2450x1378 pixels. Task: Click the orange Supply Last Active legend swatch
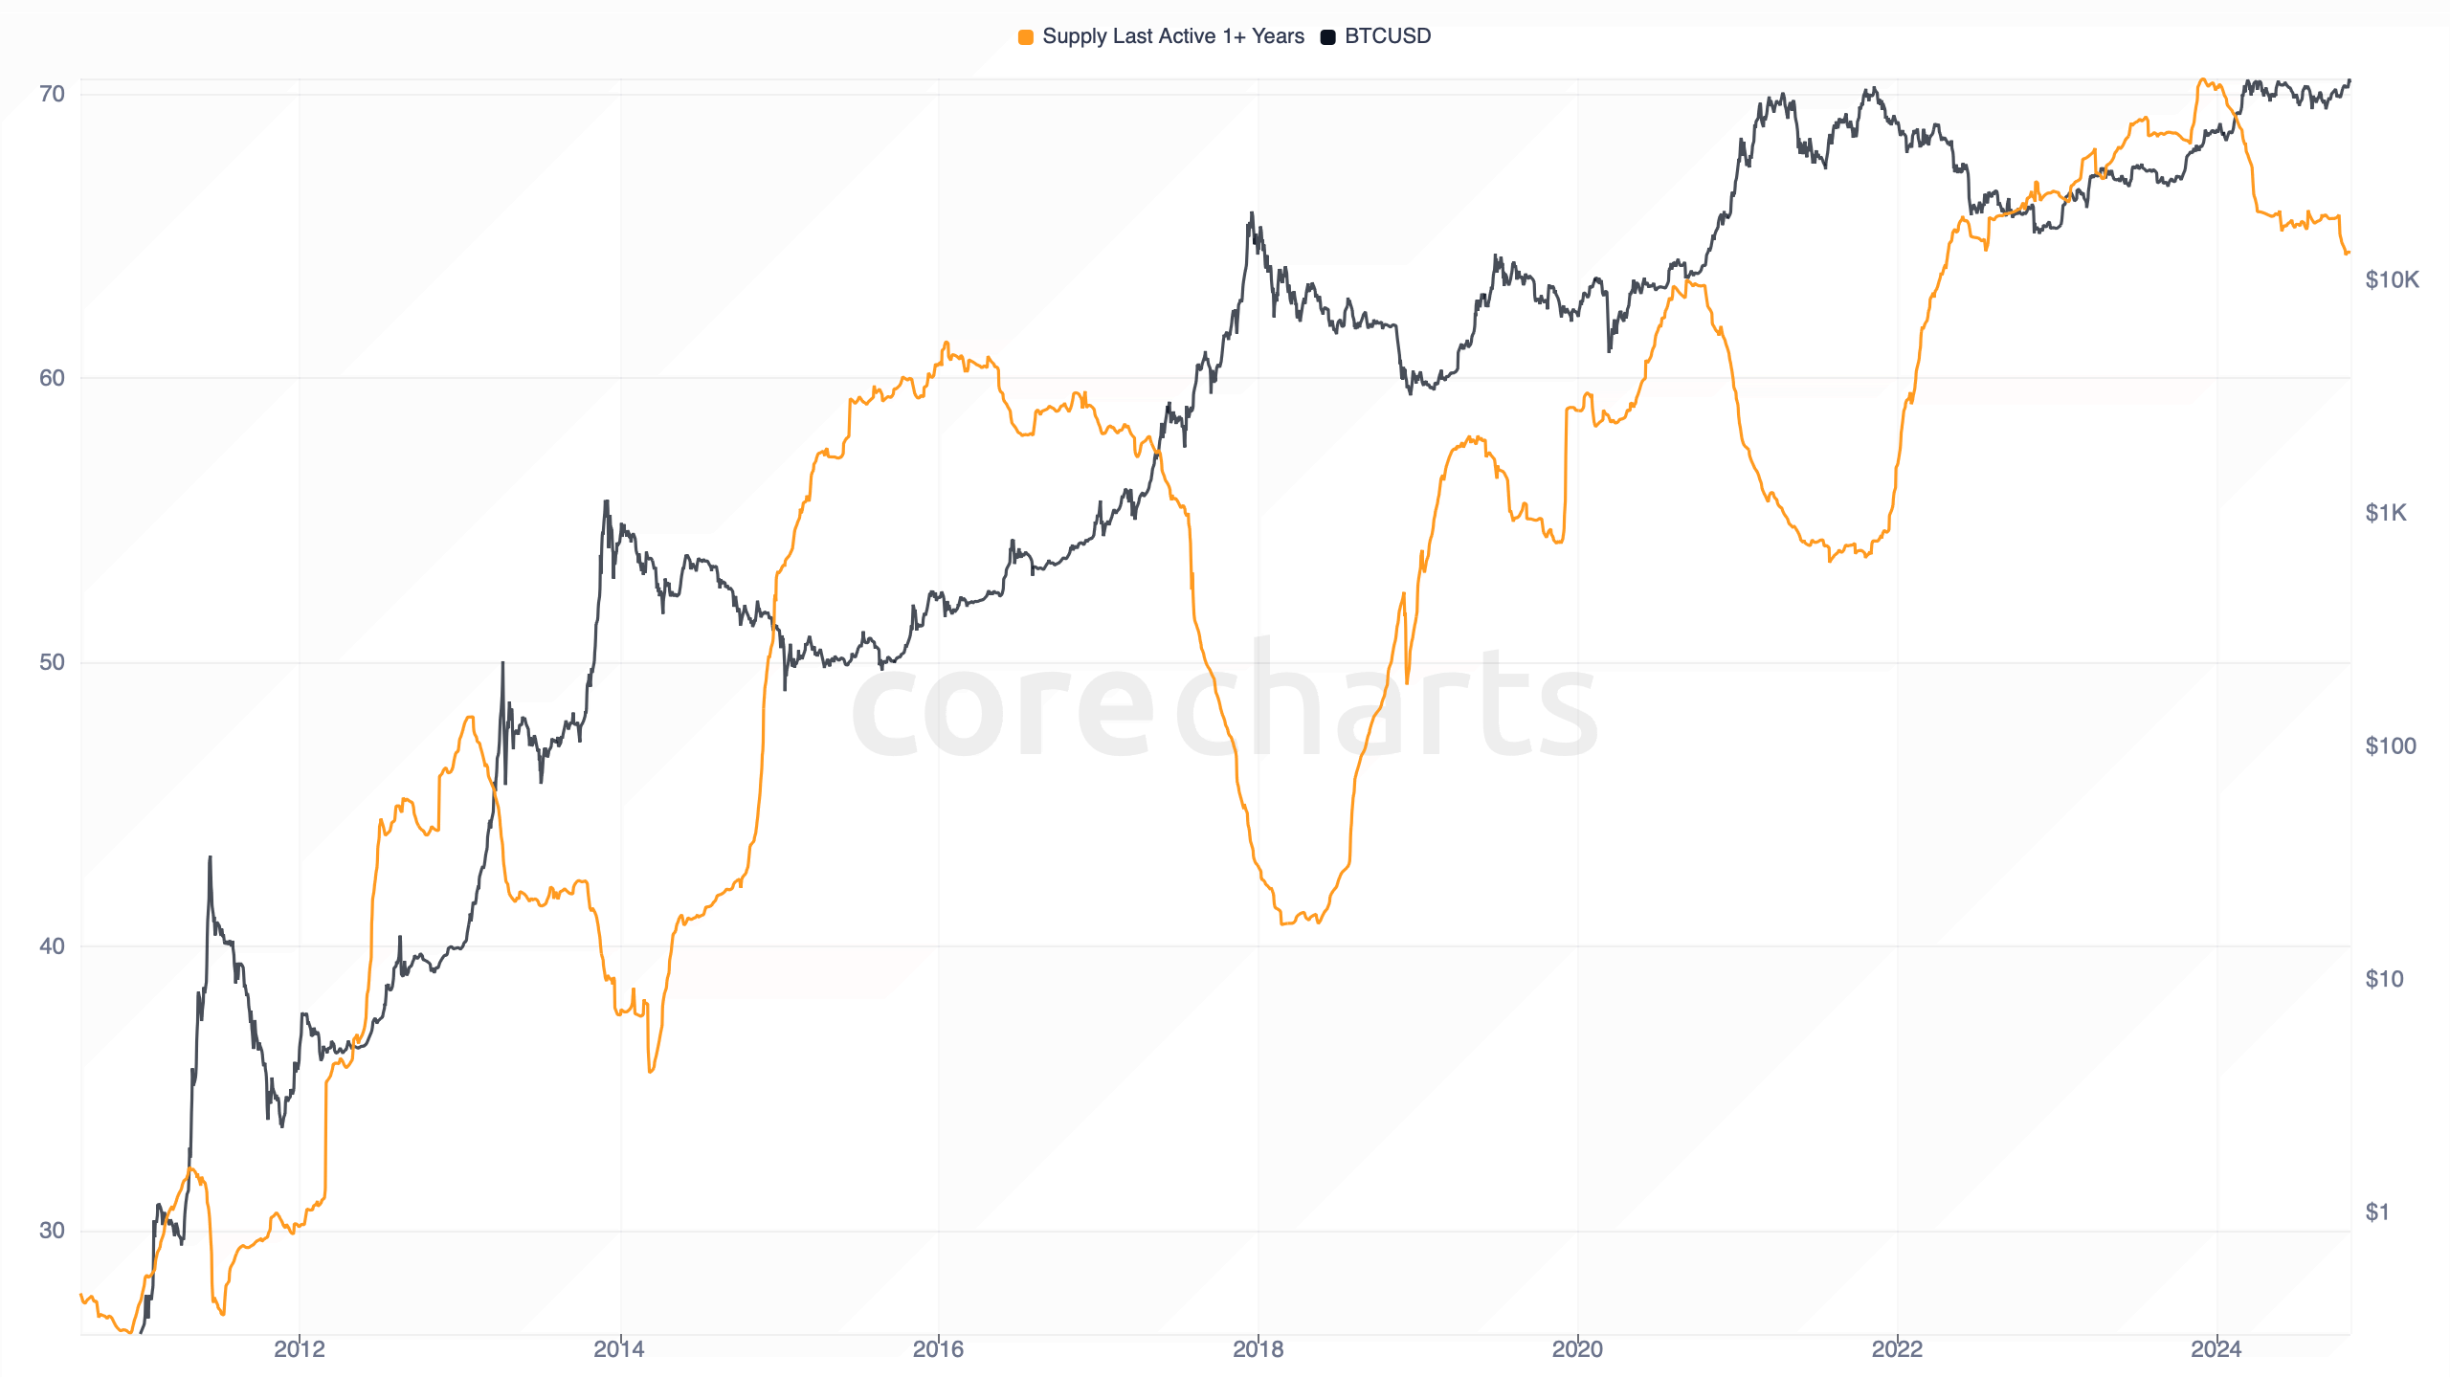pyautogui.click(x=1025, y=37)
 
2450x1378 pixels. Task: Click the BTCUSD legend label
pyautogui.click(x=1387, y=36)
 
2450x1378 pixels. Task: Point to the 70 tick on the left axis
pyautogui.click(x=52, y=94)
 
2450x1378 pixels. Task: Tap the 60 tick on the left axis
pyautogui.click(x=52, y=378)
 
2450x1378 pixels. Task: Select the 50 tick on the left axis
pyautogui.click(x=52, y=662)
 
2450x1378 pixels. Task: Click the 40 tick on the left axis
pyautogui.click(x=52, y=946)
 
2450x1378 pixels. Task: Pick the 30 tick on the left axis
pyautogui.click(x=52, y=1231)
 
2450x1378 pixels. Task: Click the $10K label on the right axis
pyautogui.click(x=2391, y=280)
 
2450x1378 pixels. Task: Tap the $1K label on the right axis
pyautogui.click(x=2385, y=513)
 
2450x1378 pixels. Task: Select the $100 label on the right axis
pyautogui.click(x=2390, y=746)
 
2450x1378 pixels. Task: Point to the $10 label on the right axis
pyautogui.click(x=2384, y=979)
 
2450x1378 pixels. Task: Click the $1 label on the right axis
pyautogui.click(x=2377, y=1212)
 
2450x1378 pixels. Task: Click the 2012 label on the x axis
pyautogui.click(x=300, y=1349)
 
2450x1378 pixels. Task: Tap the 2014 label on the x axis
pyautogui.click(x=619, y=1349)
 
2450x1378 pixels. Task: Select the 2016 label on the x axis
pyautogui.click(x=938, y=1349)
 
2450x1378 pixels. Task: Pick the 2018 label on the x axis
pyautogui.click(x=1258, y=1349)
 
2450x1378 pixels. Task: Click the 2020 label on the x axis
pyautogui.click(x=1577, y=1349)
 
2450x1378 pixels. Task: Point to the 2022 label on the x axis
pyautogui.click(x=1897, y=1349)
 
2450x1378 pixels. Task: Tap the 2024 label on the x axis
pyautogui.click(x=2216, y=1349)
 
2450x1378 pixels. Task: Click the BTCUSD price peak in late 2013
pyautogui.click(x=606, y=501)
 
